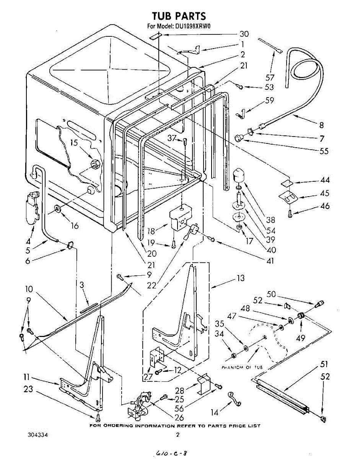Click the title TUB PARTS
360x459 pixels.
[x=179, y=16]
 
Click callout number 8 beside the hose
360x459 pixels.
[x=321, y=125]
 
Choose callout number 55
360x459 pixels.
[x=324, y=151]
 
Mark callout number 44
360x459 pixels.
[x=325, y=180]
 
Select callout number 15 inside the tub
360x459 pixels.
[x=74, y=143]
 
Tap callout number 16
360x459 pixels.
[x=74, y=226]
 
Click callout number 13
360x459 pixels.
[x=240, y=278]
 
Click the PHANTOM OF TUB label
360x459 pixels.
[x=242, y=367]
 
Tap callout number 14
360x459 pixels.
[x=215, y=412]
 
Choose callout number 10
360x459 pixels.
[x=29, y=289]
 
